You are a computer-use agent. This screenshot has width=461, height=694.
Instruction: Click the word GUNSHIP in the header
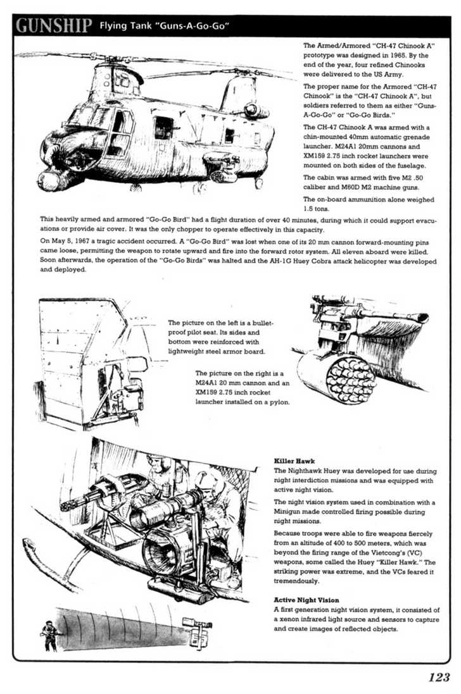[x=54, y=26]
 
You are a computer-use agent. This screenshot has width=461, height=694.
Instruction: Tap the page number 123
[x=439, y=677]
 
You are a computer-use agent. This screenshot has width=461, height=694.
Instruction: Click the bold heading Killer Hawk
[x=294, y=461]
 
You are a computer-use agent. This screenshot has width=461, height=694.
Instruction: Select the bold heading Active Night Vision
[x=306, y=600]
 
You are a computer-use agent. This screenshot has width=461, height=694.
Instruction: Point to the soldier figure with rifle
[x=49, y=636]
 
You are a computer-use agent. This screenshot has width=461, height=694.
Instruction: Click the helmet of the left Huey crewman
[x=160, y=462]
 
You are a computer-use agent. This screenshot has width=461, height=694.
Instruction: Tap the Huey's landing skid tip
[x=28, y=546]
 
